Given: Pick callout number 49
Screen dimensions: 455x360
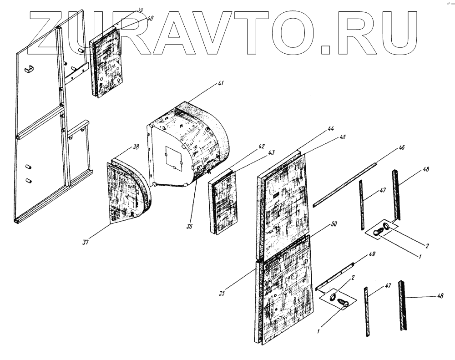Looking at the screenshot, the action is click(x=372, y=255).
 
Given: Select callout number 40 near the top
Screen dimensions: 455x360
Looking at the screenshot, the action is click(x=151, y=18).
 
